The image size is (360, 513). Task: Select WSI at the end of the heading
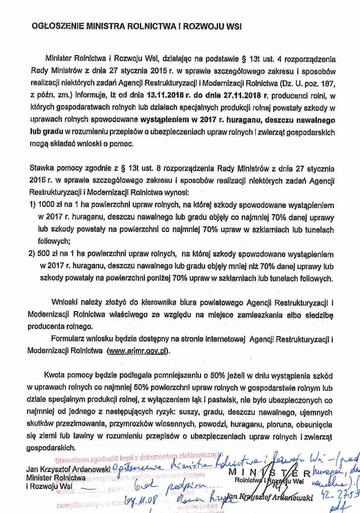pos(232,26)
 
